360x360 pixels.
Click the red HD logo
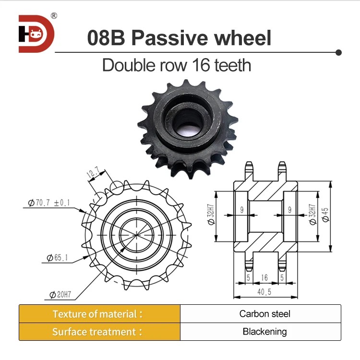(36, 34)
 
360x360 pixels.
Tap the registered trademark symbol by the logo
(54, 16)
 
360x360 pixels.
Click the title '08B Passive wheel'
(179, 38)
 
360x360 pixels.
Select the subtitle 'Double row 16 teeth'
(177, 65)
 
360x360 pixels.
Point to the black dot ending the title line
(338, 51)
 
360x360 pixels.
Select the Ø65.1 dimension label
(57, 258)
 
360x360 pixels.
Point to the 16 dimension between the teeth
(264, 277)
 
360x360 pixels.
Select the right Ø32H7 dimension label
(313, 216)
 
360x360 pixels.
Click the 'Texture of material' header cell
(99, 314)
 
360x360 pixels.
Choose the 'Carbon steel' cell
(264, 314)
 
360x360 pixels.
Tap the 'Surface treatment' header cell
(99, 332)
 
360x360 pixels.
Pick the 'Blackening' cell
(264, 332)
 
